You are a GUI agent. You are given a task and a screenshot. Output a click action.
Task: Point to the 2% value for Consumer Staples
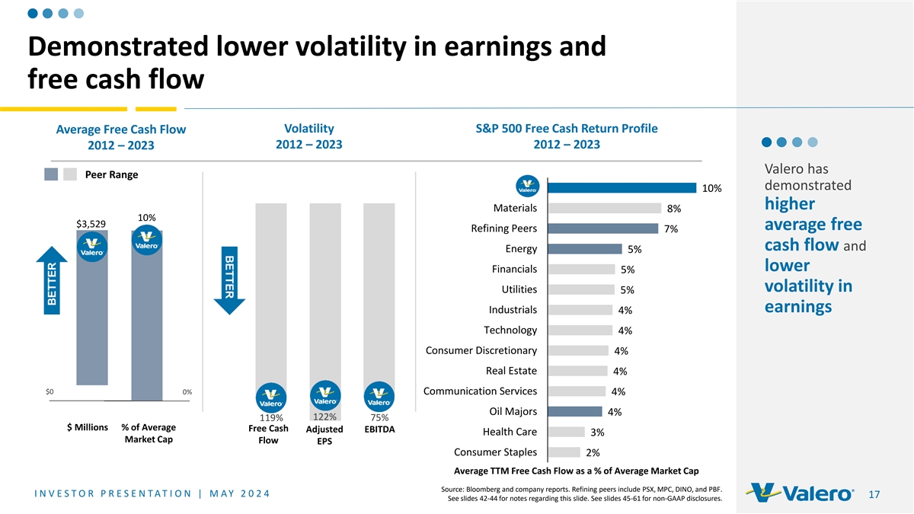[593, 452]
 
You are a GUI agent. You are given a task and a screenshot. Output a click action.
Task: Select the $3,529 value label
[91, 223]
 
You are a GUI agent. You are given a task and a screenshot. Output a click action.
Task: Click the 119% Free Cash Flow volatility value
[271, 418]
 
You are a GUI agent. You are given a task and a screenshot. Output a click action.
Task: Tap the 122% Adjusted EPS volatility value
[324, 417]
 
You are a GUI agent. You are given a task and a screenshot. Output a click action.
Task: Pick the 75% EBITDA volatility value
[379, 417]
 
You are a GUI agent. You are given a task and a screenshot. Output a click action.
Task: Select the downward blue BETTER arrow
[230, 278]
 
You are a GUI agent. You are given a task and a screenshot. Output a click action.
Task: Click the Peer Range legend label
[111, 175]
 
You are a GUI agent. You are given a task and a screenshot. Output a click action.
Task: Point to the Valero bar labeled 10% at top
[622, 188]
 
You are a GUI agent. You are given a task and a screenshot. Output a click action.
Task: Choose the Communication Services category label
[480, 391]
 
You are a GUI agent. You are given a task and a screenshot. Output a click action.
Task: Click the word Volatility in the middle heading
[308, 129]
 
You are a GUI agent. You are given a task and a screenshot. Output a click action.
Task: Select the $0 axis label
[50, 391]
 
